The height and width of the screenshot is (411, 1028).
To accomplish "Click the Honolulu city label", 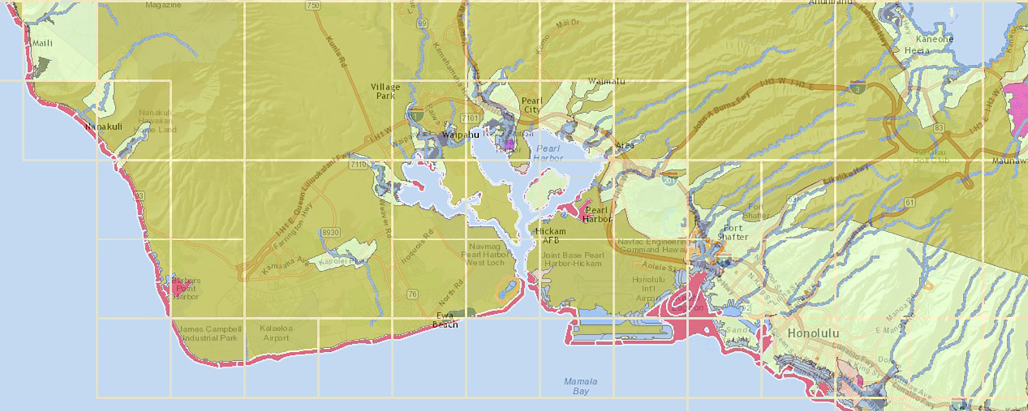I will click(813, 334).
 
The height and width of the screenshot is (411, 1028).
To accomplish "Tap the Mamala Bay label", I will click(580, 386).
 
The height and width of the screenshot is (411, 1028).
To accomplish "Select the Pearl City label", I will click(532, 105).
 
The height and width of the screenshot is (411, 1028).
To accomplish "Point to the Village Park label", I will click(385, 91).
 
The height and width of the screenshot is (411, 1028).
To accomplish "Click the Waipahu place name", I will click(461, 135).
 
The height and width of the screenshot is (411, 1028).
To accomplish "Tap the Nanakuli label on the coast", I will click(104, 127).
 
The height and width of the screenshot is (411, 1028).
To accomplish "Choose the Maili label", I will click(42, 43).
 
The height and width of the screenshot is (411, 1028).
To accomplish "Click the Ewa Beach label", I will click(445, 320).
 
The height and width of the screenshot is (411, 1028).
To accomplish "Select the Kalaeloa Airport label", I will click(276, 333).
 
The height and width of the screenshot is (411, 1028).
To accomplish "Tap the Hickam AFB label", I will click(551, 236).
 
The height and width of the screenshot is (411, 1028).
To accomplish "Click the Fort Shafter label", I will click(732, 232).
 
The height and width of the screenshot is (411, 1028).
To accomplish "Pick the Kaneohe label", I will click(934, 39).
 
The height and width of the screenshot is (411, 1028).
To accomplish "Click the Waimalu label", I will click(607, 82).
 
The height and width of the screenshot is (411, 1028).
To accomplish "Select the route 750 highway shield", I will click(313, 6).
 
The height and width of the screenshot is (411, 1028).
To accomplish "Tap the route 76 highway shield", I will click(412, 294).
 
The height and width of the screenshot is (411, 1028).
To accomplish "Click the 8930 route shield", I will click(330, 232).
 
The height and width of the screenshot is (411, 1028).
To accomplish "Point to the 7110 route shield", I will click(358, 165).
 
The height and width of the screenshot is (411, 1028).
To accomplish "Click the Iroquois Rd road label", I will click(417, 246).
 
